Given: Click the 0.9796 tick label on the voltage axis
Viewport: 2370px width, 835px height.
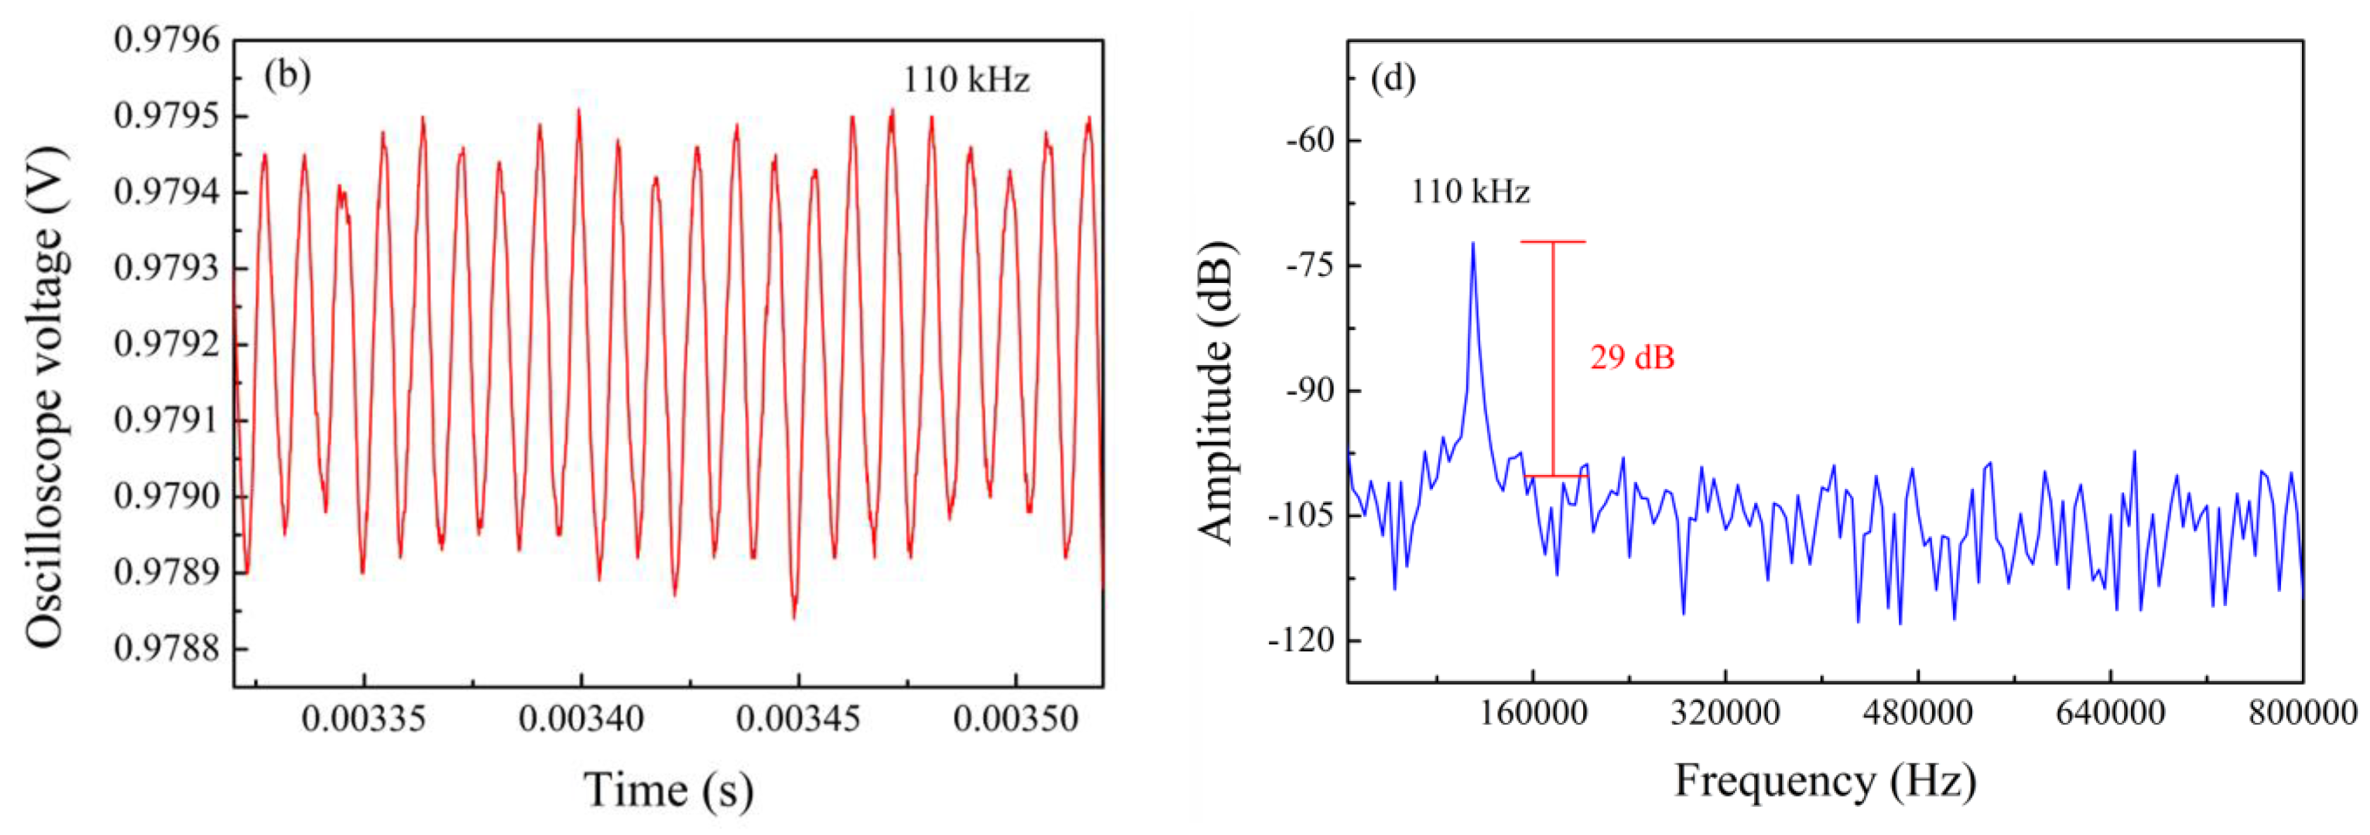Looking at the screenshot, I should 167,41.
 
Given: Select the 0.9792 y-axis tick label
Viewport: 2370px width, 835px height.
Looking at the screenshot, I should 167,345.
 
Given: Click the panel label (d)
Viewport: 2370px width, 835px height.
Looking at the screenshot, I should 1393,79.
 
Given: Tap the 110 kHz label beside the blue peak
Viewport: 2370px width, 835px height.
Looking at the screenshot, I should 1470,191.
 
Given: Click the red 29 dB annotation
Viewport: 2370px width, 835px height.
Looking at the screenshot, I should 1632,357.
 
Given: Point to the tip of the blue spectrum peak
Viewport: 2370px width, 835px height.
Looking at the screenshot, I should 1473,244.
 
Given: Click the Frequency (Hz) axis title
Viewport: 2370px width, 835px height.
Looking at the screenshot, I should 1824,781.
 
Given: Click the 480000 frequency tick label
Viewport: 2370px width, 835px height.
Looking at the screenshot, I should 1917,712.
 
